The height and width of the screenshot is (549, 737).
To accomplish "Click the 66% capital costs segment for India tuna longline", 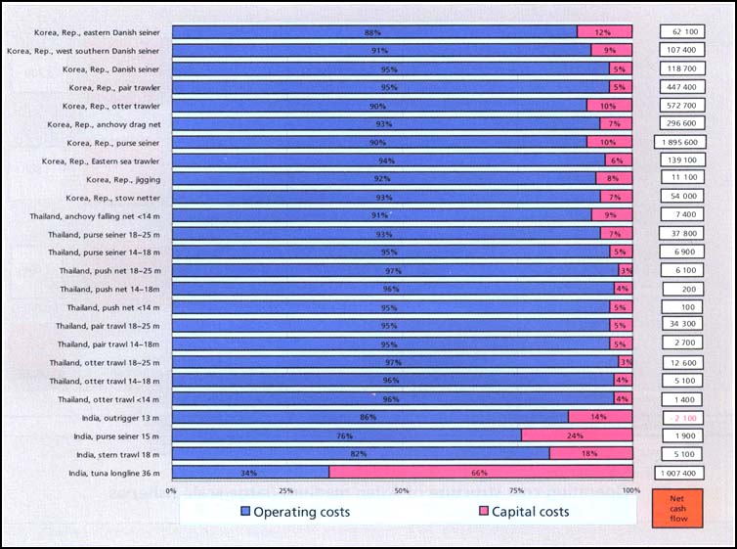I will click(480, 473).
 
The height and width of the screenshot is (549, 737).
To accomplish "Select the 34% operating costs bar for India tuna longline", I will click(250, 473).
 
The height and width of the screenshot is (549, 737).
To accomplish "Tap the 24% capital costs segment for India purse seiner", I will click(577, 435).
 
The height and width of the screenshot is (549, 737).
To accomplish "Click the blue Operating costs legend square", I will click(244, 512).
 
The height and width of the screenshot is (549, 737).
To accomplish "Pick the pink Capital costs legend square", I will click(483, 512).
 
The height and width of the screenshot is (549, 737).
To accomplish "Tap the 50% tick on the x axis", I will click(402, 490).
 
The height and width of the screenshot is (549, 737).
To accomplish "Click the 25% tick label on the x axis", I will click(286, 490).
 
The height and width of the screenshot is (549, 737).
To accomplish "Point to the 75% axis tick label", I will click(517, 490).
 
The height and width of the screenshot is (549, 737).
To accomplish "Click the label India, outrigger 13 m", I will click(115, 418).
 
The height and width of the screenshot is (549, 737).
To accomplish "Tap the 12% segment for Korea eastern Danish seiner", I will click(604, 32).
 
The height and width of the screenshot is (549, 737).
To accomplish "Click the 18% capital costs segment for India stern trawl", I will click(590, 454).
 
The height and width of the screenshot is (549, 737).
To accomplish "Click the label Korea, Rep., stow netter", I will click(116, 198).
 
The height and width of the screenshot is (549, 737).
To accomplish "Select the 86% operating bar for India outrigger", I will click(369, 418).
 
